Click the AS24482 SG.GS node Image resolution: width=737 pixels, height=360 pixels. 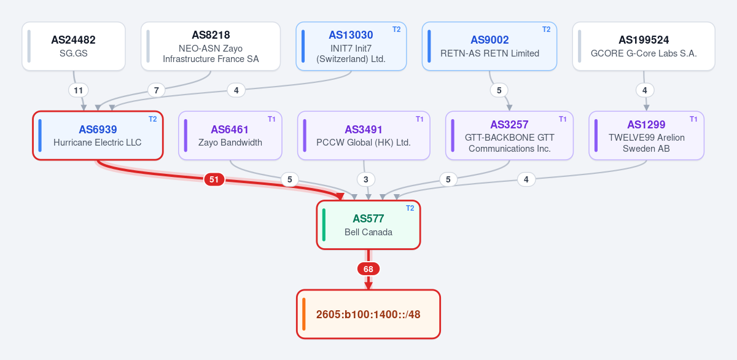(74, 46)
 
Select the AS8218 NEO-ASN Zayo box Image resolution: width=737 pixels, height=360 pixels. (211, 46)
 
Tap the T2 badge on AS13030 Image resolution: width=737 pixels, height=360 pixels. (397, 29)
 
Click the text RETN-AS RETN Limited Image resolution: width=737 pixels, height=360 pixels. (489, 53)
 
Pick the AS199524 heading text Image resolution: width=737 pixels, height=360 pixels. (644, 40)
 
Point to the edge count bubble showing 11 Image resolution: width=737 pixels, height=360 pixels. (79, 90)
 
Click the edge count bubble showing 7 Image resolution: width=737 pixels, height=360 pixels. (156, 90)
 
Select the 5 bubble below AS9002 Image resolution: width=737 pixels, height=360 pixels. (499, 90)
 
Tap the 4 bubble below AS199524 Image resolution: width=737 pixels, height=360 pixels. (644, 90)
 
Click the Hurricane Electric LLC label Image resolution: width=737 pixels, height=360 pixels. (98, 143)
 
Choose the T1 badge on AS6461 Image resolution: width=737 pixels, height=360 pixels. (271, 119)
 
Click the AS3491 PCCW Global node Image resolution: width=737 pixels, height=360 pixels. (364, 136)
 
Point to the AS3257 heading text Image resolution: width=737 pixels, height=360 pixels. (509, 124)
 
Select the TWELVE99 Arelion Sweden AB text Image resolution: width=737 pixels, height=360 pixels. (646, 143)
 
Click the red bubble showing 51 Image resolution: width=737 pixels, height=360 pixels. (214, 179)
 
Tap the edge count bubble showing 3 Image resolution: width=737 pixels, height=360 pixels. (366, 179)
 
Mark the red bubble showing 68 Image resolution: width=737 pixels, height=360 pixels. (368, 269)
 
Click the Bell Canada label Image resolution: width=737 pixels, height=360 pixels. (368, 232)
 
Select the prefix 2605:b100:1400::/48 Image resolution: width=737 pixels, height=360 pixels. (368, 315)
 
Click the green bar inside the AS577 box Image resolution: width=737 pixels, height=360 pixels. (324, 225)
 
